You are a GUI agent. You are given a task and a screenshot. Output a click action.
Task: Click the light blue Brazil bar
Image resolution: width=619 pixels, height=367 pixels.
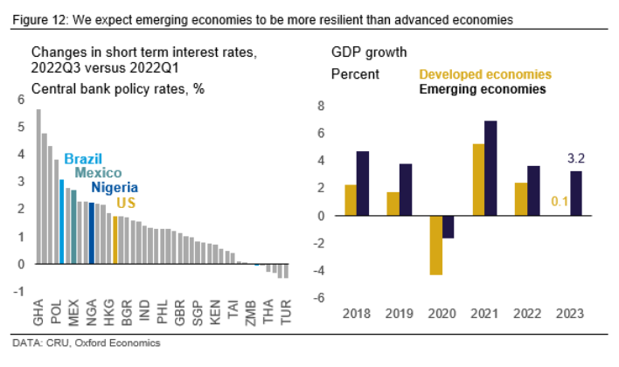pos(62,221)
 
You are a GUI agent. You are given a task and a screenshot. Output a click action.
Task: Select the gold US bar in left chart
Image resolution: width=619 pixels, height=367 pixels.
pos(115,240)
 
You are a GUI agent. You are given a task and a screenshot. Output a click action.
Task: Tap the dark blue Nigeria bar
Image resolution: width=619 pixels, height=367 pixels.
pos(92,233)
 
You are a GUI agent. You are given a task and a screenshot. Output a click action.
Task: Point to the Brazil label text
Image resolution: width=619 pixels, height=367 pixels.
pos(83,159)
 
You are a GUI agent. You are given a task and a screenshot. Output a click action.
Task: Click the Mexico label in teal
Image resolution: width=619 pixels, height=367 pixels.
pos(98,173)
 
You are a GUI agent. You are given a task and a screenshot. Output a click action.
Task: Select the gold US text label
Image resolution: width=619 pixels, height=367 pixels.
pos(126,203)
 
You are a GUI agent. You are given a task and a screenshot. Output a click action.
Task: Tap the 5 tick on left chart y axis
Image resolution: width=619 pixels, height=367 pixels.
pos(22,127)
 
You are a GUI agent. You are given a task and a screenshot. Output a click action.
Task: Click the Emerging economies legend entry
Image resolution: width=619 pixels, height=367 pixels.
pos(483,89)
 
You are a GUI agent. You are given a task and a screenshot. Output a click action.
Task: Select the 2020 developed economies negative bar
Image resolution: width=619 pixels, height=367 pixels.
pos(435,245)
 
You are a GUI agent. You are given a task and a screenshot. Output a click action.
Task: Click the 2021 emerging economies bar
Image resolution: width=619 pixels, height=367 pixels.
pos(490,168)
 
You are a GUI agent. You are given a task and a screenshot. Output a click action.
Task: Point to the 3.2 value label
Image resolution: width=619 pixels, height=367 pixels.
pos(576,159)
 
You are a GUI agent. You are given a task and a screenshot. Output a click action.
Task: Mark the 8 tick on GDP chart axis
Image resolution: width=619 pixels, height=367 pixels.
pos(320,106)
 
